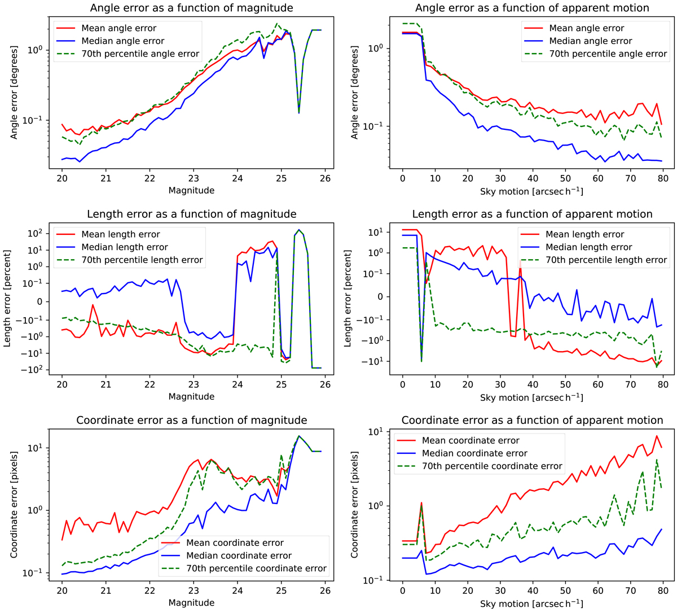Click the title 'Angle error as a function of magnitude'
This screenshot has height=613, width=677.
click(192, 8)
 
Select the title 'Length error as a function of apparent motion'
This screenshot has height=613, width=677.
click(532, 214)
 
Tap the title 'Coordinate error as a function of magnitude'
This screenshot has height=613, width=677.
click(192, 421)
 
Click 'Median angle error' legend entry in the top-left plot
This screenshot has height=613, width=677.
click(122, 41)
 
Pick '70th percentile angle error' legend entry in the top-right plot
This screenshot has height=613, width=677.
click(608, 54)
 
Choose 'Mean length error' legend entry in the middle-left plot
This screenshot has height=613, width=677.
click(120, 234)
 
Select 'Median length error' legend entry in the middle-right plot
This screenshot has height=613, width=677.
click(588, 247)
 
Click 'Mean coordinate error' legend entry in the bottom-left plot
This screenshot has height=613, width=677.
click(235, 543)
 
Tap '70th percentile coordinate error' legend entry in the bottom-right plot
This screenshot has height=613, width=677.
click(492, 466)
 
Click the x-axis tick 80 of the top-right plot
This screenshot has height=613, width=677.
click(663, 178)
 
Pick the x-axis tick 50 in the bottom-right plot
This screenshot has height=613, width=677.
click(565, 590)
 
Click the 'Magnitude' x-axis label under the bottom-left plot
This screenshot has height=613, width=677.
click(192, 603)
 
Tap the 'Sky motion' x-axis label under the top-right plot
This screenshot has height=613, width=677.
click(532, 191)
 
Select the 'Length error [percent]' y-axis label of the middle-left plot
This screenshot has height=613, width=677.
click(8, 299)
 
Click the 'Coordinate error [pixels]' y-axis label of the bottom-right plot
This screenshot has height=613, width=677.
click(355, 505)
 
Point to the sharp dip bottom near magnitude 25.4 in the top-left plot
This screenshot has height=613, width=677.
click(299, 112)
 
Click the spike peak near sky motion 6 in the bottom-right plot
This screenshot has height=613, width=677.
click(421, 503)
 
